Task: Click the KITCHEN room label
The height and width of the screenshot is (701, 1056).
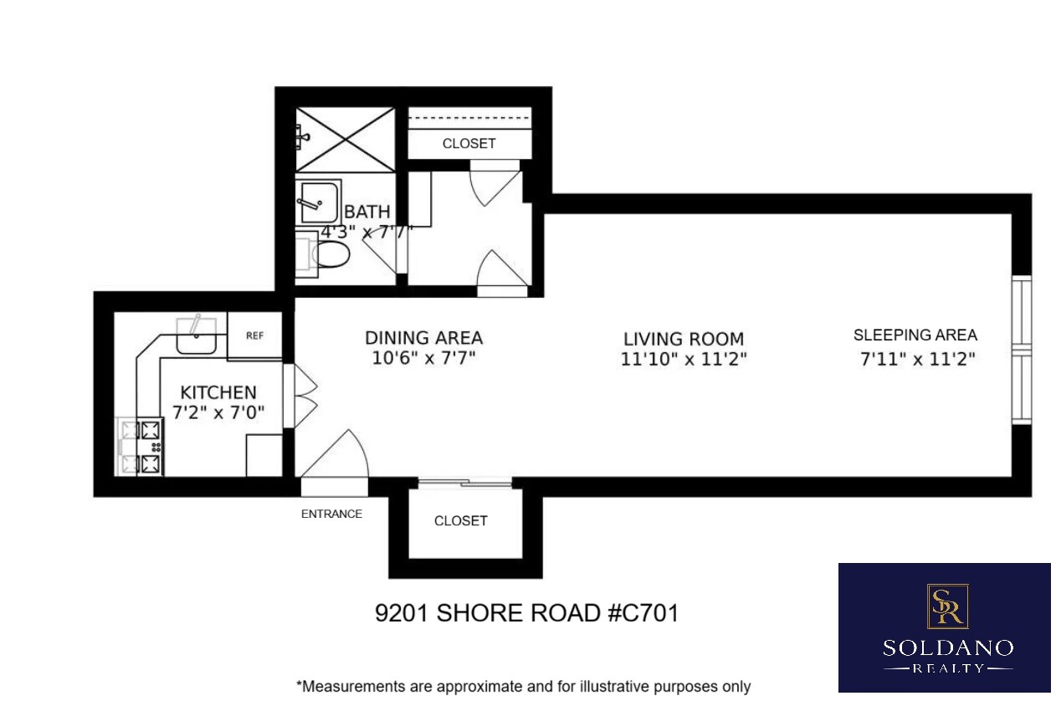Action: pos(218,392)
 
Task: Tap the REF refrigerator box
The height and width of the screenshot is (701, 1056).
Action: pos(254,335)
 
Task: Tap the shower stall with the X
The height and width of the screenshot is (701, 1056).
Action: pos(344,140)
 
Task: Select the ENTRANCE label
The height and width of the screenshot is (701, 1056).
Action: pos(331,514)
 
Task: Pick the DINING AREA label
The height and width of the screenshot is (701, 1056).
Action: pos(423,338)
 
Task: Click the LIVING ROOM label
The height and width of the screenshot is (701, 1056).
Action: pos(684,339)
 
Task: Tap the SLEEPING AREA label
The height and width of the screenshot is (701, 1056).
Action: pos(915,335)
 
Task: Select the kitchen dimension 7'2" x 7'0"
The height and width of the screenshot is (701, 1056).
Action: pos(218,413)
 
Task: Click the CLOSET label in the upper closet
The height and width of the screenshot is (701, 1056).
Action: pos(469,143)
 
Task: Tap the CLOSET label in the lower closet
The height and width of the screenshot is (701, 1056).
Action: pos(460,520)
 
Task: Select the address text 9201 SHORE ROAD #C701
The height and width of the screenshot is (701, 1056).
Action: pos(526,613)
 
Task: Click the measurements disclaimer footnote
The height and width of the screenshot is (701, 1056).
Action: pos(523,687)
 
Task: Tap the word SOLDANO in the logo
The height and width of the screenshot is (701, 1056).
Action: pos(947,647)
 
